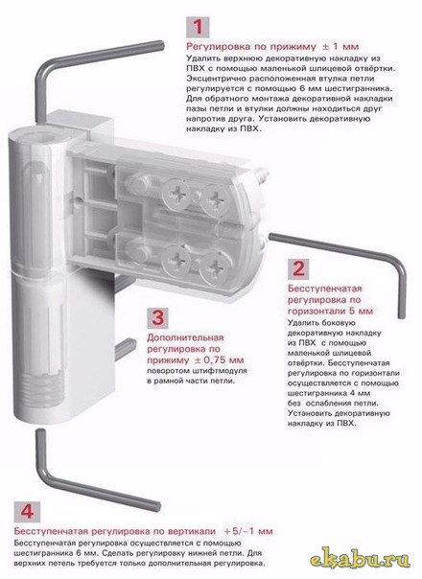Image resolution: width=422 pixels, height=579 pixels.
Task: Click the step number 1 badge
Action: [198, 27]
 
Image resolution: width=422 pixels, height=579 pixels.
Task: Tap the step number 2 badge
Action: [298, 268]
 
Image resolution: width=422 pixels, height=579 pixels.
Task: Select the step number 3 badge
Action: [158, 318]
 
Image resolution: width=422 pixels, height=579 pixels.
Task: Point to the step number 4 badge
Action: [27, 512]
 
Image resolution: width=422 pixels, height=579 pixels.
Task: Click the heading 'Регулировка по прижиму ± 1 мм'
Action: [272, 47]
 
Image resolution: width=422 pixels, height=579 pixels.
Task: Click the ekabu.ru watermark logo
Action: [360, 560]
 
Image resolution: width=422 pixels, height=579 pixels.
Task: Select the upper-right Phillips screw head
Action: [214, 199]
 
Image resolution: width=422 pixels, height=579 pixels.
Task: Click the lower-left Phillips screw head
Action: [177, 260]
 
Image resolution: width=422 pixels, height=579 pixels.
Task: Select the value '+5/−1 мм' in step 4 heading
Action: [248, 531]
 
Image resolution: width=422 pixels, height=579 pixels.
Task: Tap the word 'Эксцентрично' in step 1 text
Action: [220, 79]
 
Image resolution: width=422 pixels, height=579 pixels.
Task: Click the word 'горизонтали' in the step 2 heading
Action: [316, 311]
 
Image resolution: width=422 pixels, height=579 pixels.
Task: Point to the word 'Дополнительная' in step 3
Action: [185, 337]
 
